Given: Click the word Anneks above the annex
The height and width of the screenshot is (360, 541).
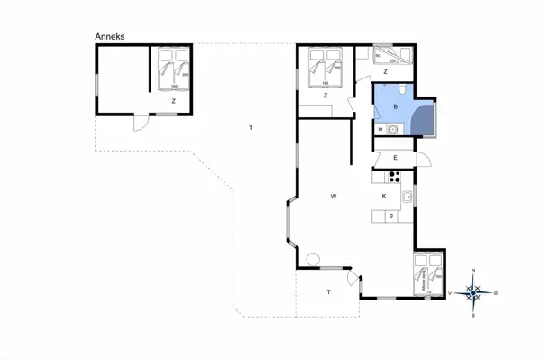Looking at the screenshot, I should pyautogui.click(x=110, y=37).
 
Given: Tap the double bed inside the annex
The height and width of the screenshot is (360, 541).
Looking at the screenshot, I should pyautogui.click(x=173, y=69).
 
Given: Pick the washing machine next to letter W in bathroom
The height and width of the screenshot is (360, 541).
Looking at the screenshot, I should pyautogui.click(x=392, y=130).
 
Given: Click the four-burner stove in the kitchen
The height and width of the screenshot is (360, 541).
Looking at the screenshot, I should pyautogui.click(x=393, y=176).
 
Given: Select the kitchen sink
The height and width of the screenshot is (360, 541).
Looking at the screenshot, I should pyautogui.click(x=408, y=197).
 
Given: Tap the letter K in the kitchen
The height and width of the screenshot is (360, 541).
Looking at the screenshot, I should pyautogui.click(x=384, y=196).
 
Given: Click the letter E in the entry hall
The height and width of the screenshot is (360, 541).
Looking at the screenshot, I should pyautogui.click(x=396, y=158).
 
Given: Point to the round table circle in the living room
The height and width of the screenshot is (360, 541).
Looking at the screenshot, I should pyautogui.click(x=313, y=260).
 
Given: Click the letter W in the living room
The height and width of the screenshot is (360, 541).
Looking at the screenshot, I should pyautogui.click(x=333, y=196).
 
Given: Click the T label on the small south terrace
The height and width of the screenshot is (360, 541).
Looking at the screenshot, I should pyautogui.click(x=329, y=291).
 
